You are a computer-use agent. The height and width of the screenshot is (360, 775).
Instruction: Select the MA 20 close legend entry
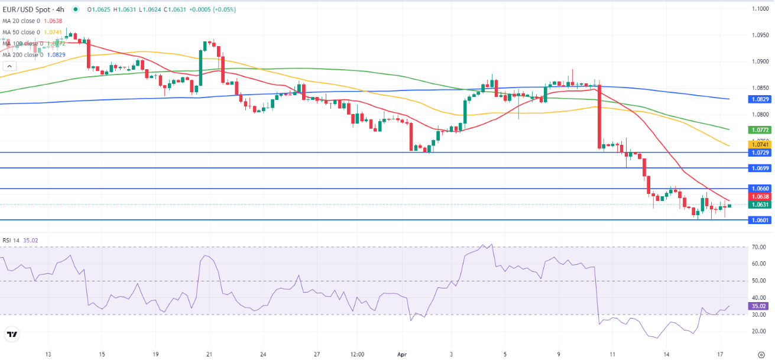click(x=32, y=21)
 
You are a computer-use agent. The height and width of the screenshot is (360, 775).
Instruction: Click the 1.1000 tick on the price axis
click(x=758, y=9)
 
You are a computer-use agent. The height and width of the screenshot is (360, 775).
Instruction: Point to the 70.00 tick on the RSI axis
click(x=758, y=247)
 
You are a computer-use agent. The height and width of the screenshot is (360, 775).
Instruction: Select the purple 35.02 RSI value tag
click(x=758, y=306)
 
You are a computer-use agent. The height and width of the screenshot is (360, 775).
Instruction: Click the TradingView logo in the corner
click(x=12, y=335)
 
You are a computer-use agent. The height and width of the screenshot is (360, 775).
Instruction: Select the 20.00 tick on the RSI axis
click(x=758, y=331)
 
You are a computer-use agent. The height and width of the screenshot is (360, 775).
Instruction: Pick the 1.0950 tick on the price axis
click(x=758, y=35)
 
